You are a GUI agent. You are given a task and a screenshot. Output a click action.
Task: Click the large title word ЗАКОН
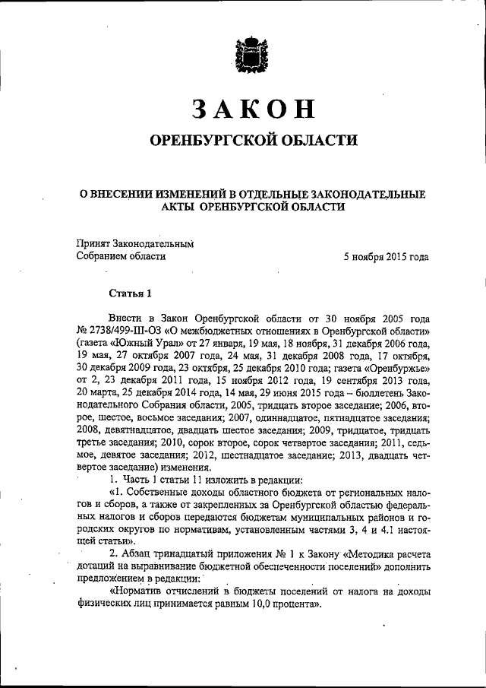[x=253, y=109]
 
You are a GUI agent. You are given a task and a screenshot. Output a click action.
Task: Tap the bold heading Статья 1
[x=131, y=293]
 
